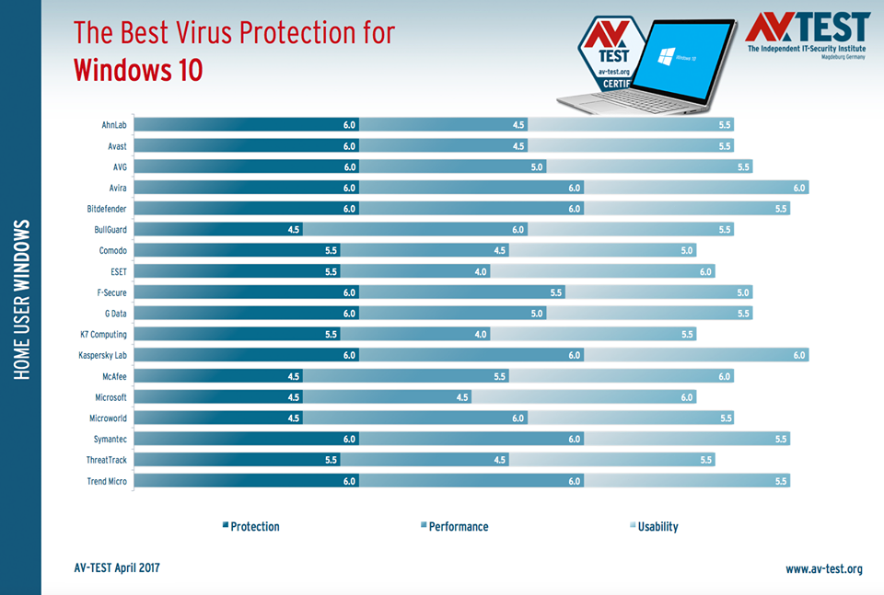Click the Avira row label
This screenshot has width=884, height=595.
pyautogui.click(x=115, y=188)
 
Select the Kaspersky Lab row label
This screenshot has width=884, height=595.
pyautogui.click(x=102, y=355)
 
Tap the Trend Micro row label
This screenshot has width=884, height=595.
pyautogui.click(x=106, y=481)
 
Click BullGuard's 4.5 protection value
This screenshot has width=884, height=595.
pyautogui.click(x=293, y=230)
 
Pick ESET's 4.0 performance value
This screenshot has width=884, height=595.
pyautogui.click(x=481, y=271)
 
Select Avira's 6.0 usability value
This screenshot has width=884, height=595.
pyautogui.click(x=799, y=188)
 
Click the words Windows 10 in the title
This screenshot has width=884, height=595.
pyautogui.click(x=138, y=69)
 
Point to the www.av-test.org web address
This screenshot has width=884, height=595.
pyautogui.click(x=823, y=569)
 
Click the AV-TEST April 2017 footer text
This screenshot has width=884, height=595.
pyautogui.click(x=117, y=567)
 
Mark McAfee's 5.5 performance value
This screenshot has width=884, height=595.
pyautogui.click(x=500, y=376)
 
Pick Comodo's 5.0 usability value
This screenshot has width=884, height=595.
pyautogui.click(x=687, y=250)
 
